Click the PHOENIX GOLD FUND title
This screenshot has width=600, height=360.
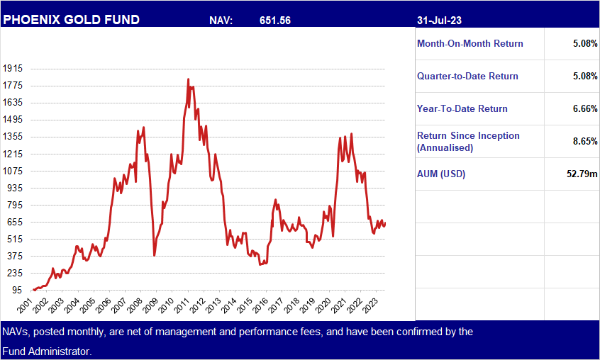[71, 20]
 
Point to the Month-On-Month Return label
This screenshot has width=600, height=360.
[470, 44]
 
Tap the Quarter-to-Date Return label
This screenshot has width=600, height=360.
[467, 77]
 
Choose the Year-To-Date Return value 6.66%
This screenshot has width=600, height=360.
[584, 109]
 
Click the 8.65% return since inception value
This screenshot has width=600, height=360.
[584, 142]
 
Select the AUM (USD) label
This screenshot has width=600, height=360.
[441, 174]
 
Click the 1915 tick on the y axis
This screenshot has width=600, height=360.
[13, 69]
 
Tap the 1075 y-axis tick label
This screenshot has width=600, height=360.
[13, 171]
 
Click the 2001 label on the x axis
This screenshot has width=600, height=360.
[26, 306]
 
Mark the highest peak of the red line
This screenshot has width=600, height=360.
[188, 79]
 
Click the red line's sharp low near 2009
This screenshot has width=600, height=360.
[155, 254]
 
